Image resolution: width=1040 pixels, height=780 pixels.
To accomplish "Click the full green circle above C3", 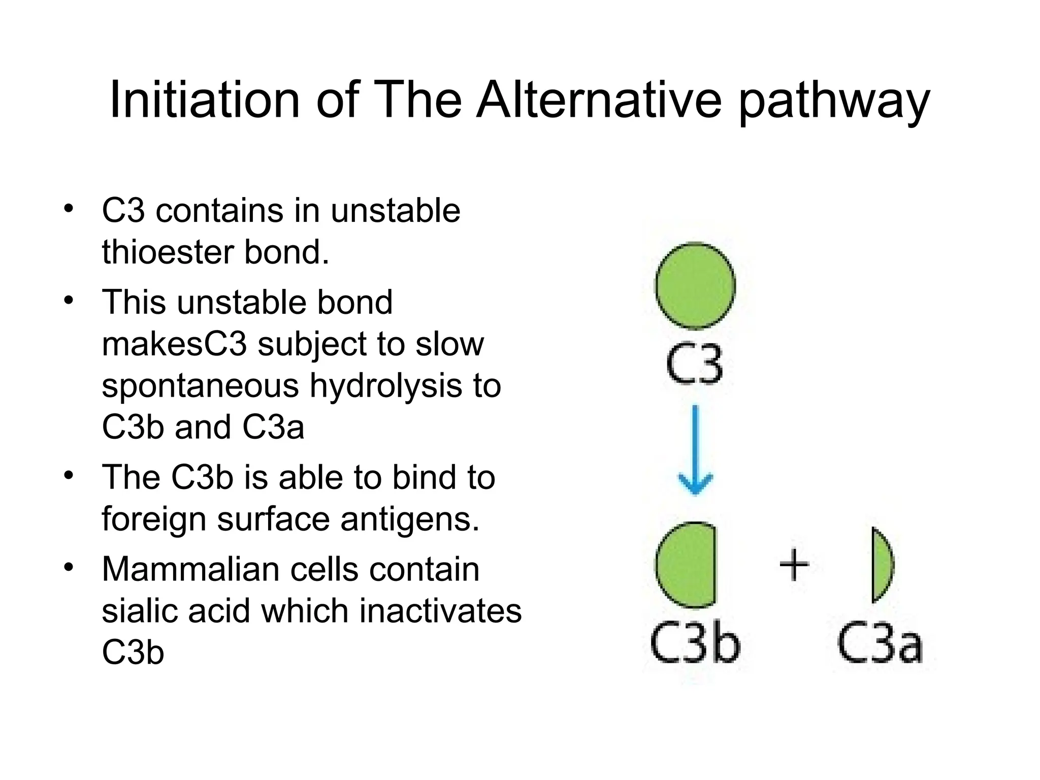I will click(695, 285).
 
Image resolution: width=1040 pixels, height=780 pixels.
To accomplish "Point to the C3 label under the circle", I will click(694, 364).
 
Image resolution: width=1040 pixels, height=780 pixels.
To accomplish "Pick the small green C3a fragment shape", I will click(881, 565).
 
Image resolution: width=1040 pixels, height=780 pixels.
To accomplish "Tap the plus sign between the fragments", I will click(794, 565).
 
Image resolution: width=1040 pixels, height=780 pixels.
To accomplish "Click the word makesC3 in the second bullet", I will click(174, 344).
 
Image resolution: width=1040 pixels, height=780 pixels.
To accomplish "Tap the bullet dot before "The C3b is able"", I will click(69, 476).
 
